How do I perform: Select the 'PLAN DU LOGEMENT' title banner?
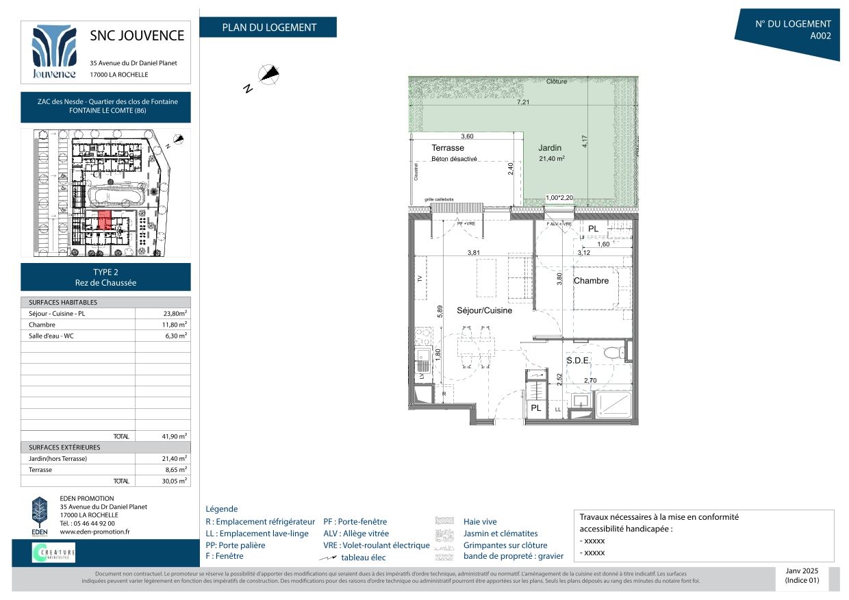[x=268, y=27]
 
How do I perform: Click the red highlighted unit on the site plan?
[x=104, y=220]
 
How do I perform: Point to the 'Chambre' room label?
[x=591, y=281]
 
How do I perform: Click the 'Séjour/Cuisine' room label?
[x=484, y=310]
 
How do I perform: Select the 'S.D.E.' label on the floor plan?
[x=577, y=360]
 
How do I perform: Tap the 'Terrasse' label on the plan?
[x=448, y=148]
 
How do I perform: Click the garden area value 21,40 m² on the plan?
[x=552, y=159]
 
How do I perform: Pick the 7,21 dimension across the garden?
[x=522, y=102]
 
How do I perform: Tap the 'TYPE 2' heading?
[x=105, y=272]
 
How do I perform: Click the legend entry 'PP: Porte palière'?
[x=236, y=545]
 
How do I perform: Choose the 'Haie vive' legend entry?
[x=480, y=521]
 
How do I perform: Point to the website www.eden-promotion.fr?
[x=94, y=532]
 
